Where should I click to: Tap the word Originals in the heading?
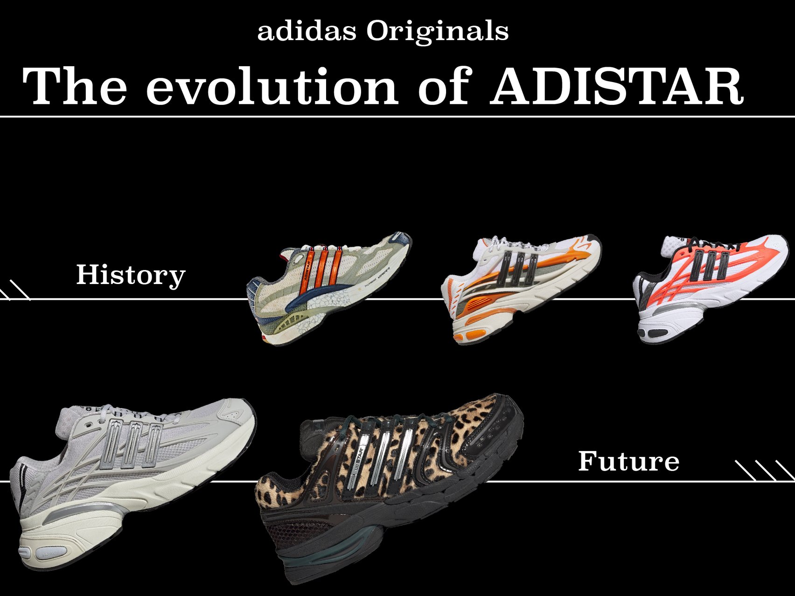click(437, 31)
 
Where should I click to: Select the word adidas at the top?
click(307, 31)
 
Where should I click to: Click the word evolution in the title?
click(272, 87)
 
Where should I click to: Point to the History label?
click(131, 275)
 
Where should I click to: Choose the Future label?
click(628, 461)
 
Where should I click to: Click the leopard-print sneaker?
click(390, 485)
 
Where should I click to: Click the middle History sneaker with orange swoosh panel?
click(520, 289)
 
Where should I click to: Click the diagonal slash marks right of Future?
click(764, 470)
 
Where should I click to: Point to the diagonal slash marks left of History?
click(14, 290)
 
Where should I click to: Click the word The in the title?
click(75, 87)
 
